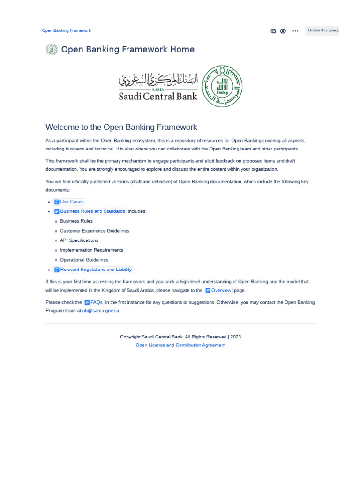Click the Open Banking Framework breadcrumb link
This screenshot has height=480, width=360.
[x=66, y=30]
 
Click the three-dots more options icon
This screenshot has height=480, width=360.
[x=295, y=31]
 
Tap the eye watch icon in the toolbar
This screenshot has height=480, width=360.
[x=283, y=31]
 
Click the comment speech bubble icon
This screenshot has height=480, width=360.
[x=273, y=31]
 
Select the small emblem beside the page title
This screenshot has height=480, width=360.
[x=52, y=49]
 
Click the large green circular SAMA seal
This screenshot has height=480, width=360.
[x=222, y=86]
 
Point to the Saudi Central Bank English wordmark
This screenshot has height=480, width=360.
[x=158, y=96]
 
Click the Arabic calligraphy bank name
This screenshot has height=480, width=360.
[x=158, y=79]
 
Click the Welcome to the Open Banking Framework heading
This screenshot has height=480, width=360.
[x=121, y=127]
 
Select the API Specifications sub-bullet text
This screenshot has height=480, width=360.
[x=79, y=240]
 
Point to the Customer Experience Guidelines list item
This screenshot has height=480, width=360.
[x=94, y=231]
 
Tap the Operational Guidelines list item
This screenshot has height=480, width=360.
[x=84, y=260]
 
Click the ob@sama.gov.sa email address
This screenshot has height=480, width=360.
[x=101, y=311]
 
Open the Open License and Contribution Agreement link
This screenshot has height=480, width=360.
[x=180, y=345]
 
